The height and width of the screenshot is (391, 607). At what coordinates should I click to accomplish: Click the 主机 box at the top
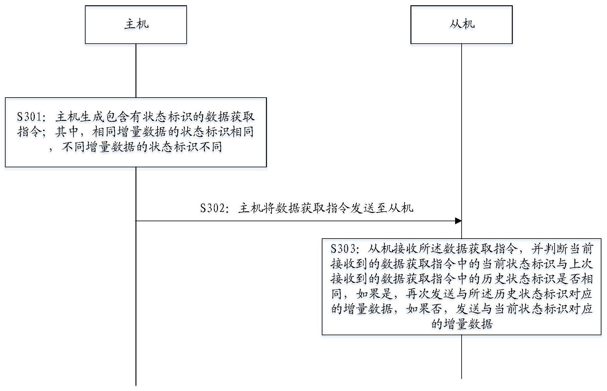point(136,25)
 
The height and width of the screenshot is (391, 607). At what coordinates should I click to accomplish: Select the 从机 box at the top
point(461,25)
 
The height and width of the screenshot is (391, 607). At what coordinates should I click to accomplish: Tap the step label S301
point(29,117)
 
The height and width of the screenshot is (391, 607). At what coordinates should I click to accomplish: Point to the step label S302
point(213,208)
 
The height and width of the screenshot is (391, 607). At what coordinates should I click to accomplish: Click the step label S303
point(343,249)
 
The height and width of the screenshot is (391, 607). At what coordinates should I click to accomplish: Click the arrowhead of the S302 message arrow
point(458,221)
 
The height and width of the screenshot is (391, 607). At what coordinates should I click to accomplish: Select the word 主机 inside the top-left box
point(136,24)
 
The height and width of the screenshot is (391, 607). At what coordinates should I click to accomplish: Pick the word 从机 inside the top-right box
point(462,24)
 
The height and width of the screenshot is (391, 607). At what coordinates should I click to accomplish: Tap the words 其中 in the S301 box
point(67,132)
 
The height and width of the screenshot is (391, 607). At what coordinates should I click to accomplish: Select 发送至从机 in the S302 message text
point(382,208)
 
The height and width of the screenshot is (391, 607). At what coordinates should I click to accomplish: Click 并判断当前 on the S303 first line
point(562,249)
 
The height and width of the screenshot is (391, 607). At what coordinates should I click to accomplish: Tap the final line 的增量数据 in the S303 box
point(462,324)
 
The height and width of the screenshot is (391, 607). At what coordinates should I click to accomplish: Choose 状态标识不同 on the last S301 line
point(185,147)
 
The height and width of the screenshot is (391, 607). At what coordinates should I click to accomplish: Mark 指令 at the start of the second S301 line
point(29,132)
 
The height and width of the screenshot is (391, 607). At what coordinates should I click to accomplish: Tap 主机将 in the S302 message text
point(257,208)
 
